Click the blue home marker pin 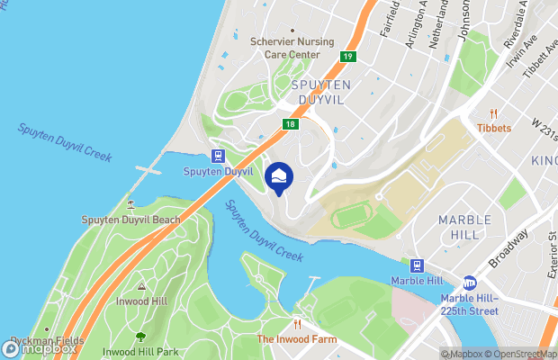coord(279,175)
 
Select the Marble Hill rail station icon coord(417,265)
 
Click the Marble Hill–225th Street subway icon coord(470,283)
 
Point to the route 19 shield coord(346,57)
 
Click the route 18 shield coord(290,125)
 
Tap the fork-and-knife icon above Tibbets coord(493,113)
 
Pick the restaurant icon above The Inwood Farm coord(296,324)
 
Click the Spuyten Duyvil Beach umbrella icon coord(131,204)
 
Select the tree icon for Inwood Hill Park coord(139,337)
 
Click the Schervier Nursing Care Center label coord(286,49)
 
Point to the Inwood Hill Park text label coord(139,351)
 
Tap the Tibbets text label coord(494,128)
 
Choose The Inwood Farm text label coord(297,339)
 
